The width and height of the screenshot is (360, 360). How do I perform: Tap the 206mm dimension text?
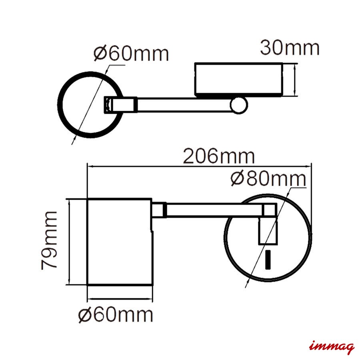click(x=219, y=156)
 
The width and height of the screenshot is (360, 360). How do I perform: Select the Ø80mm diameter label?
click(x=268, y=179)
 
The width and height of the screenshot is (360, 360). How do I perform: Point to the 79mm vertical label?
click(x=49, y=240)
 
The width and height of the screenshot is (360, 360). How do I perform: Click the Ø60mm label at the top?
click(x=131, y=54)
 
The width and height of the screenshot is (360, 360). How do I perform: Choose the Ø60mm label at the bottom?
click(x=116, y=315)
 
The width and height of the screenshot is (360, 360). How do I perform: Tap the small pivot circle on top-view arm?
click(x=239, y=105)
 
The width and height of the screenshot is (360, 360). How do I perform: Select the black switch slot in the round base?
click(x=268, y=260)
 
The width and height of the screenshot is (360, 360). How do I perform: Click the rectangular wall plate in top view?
click(x=238, y=79)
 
